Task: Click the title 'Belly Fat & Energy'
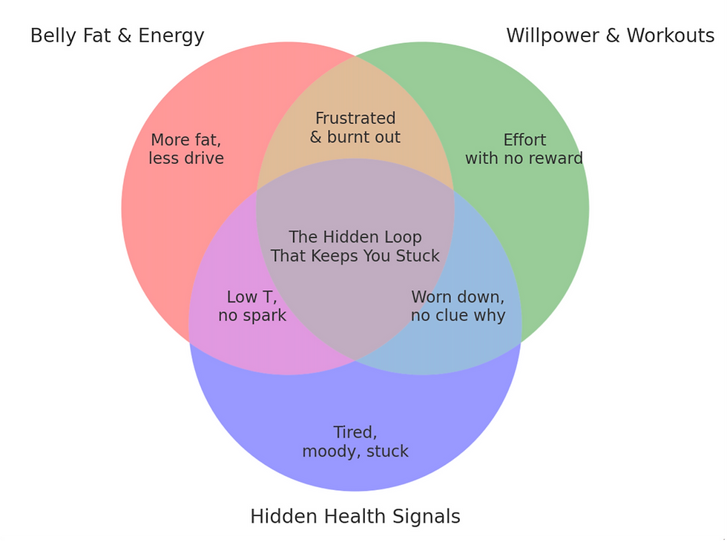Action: pos(117,36)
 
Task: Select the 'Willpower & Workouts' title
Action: pos(610,36)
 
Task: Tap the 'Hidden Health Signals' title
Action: pos(355,517)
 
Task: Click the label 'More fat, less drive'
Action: pos(186,149)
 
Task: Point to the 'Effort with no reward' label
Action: pos(524,149)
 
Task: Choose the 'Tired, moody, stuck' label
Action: pos(355,441)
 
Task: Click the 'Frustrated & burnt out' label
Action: pos(355,128)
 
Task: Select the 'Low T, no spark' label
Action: pos(252,306)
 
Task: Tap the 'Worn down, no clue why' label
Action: pos(458,306)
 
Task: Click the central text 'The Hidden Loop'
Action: pos(355,237)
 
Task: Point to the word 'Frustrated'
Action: pos(355,119)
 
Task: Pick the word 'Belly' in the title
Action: pos(53,36)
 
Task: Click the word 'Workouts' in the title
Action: pos(671,36)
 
